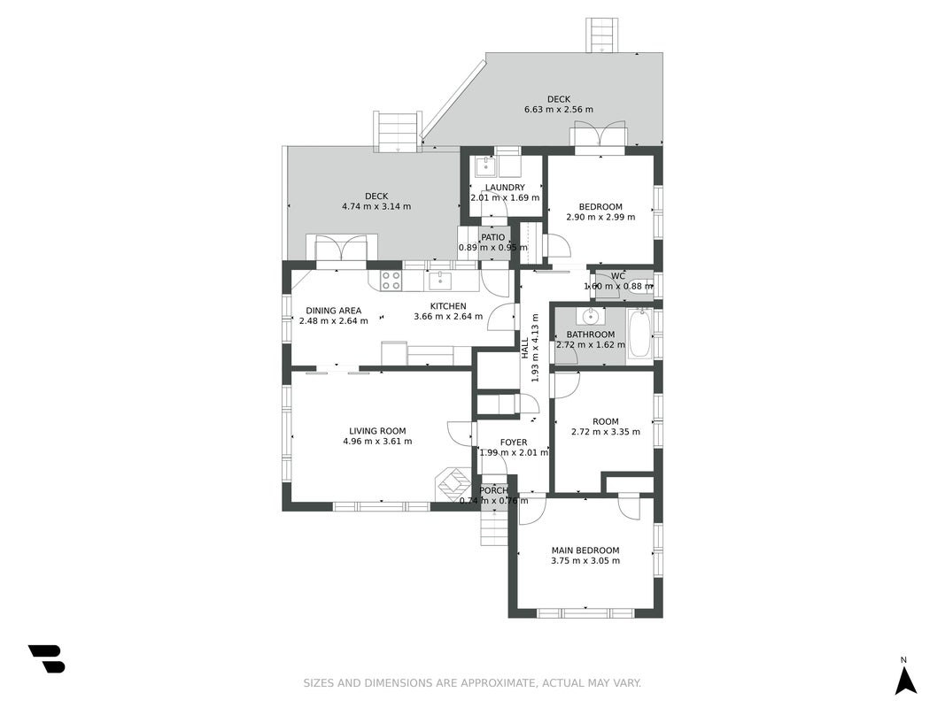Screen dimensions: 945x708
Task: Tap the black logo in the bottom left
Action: click(x=46, y=658)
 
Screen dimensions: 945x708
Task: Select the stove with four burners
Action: click(x=391, y=280)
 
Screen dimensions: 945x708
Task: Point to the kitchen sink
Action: click(x=440, y=281)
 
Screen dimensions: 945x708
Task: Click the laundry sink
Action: click(x=485, y=166)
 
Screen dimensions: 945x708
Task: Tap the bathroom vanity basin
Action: click(x=591, y=315)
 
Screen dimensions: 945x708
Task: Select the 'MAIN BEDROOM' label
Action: click(x=585, y=550)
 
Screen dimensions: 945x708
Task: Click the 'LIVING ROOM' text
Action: click(x=377, y=431)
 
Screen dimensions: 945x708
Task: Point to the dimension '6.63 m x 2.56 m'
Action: click(x=559, y=110)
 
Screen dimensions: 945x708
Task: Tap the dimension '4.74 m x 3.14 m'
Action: click(x=376, y=206)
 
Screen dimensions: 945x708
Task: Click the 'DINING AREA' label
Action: click(x=333, y=311)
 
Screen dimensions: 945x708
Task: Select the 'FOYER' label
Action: click(x=514, y=442)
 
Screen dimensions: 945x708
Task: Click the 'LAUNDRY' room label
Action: click(x=505, y=188)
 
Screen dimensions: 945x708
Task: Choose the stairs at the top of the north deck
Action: click(x=602, y=35)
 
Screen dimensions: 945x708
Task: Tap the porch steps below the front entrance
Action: click(x=494, y=528)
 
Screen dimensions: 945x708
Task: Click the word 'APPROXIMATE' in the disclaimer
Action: click(x=497, y=683)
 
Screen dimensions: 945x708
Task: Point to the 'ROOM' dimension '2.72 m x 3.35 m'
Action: click(x=606, y=432)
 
